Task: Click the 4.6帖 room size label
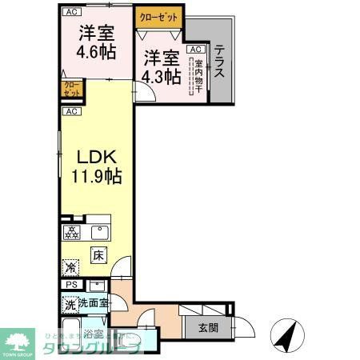[x=94, y=54]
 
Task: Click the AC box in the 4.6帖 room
[x=71, y=12]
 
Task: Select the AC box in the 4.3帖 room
[x=194, y=49]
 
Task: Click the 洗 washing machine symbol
[x=70, y=304]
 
